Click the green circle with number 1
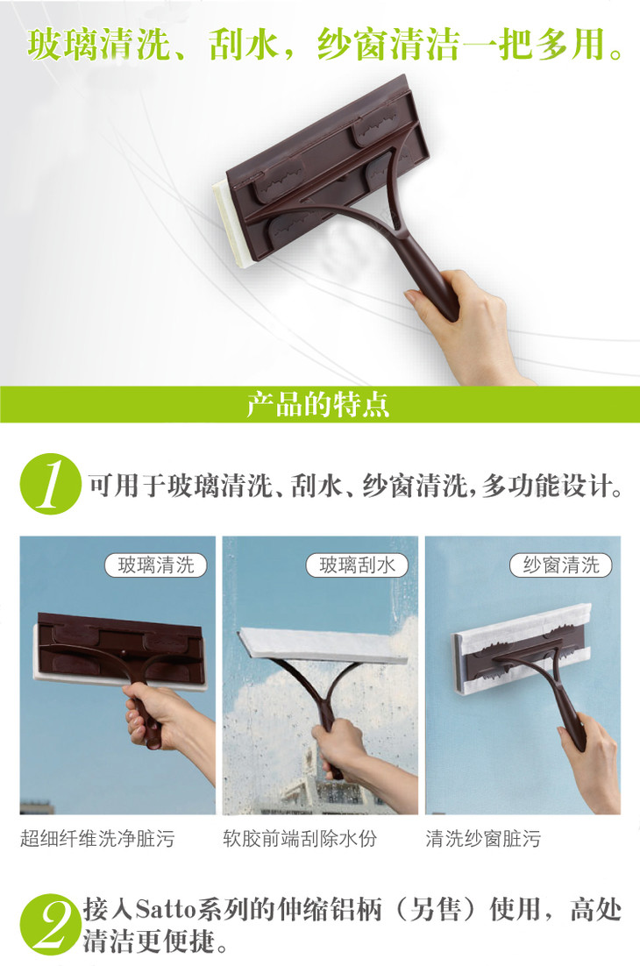tap(51, 484)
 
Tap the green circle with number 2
tap(50, 924)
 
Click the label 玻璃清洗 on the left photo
tap(155, 565)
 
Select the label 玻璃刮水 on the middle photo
tap(358, 565)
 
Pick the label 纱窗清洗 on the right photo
tap(560, 565)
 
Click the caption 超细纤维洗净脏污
tap(97, 839)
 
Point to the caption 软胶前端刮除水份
tap(300, 839)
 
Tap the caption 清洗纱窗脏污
tap(483, 839)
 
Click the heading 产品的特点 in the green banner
tap(318, 404)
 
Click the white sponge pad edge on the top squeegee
tap(231, 225)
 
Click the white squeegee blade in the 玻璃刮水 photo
tap(324, 645)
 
